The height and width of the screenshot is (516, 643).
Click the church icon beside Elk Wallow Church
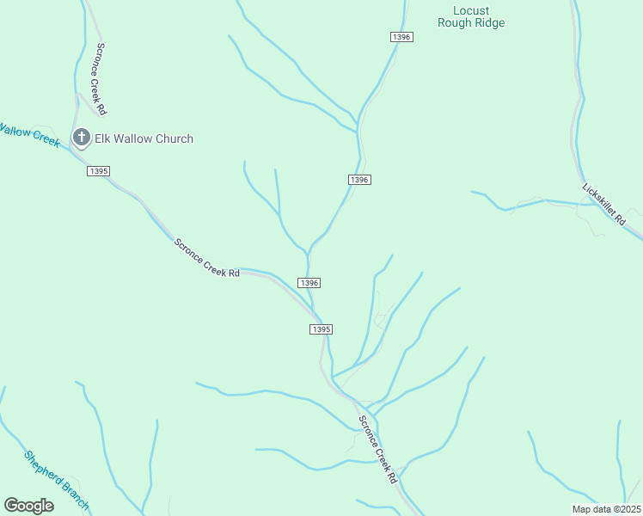(x=82, y=138)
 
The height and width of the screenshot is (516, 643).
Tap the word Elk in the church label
(x=106, y=138)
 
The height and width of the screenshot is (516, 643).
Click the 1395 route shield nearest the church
(x=98, y=171)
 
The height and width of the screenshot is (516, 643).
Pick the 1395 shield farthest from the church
(x=321, y=329)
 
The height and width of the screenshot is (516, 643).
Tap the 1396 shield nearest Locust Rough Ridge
(x=401, y=37)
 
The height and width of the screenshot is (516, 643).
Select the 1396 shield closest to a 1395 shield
(x=309, y=283)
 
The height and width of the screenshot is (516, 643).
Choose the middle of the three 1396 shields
(x=359, y=179)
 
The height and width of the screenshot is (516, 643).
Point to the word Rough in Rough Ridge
(x=454, y=23)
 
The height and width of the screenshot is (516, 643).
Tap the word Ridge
(x=489, y=23)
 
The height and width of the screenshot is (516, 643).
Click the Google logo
(x=28, y=505)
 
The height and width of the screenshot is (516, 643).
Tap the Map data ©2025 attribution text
(x=605, y=509)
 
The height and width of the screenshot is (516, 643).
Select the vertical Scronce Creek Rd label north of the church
(x=101, y=79)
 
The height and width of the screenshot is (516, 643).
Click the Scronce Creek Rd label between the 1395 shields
(x=207, y=257)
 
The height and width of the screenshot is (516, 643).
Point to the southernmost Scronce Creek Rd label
(x=378, y=449)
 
